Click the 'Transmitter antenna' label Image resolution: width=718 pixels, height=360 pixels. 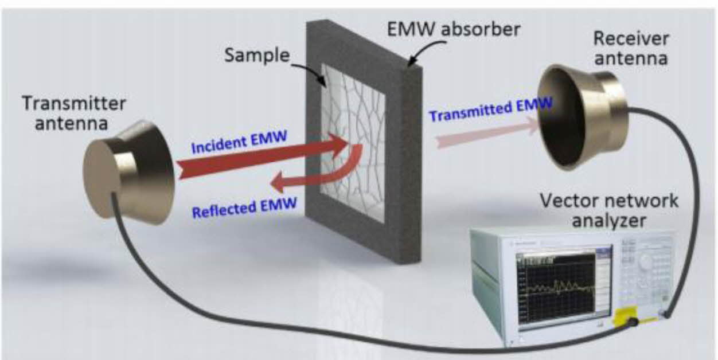[x=74, y=113]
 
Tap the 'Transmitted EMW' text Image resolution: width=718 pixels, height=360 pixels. [x=490, y=108]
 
